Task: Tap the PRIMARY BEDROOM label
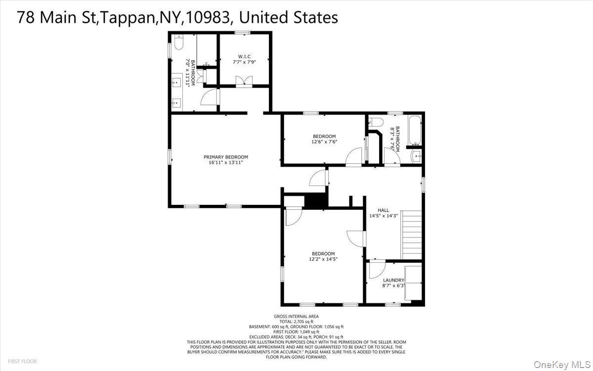[226, 157]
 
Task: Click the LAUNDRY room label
[393, 280]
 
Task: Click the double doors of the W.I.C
[244, 82]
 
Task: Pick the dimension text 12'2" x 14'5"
[323, 259]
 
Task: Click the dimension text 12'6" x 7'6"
[324, 141]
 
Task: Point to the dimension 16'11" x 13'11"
[226, 162]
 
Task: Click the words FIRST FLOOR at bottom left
[22, 362]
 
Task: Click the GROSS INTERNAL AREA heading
[296, 317]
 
